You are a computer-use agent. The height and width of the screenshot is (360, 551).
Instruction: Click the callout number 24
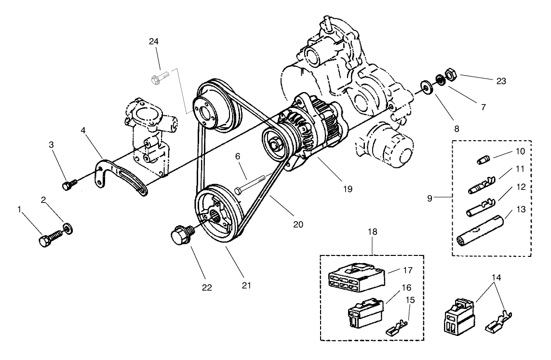pos(154,42)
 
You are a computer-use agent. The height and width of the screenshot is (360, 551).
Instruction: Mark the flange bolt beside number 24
pos(159,77)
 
